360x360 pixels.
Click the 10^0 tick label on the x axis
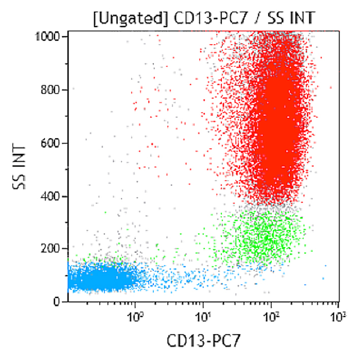tap(135, 318)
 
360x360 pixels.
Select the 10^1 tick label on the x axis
tap(203, 318)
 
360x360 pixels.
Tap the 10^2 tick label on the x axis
tap(272, 318)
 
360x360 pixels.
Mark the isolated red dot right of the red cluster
tap(331, 87)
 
